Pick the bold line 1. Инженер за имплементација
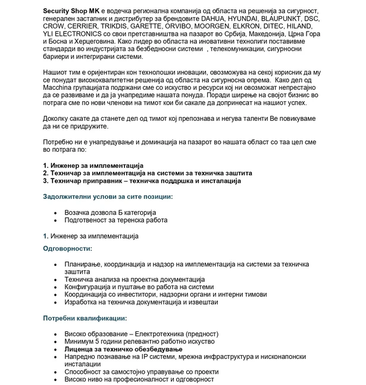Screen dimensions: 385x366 click(93, 165)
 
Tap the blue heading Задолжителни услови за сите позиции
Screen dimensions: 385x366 click(108, 196)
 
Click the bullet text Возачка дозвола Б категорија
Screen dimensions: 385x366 click(110, 212)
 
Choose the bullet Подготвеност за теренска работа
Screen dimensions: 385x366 click(116, 220)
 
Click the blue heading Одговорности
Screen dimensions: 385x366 click(67, 248)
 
